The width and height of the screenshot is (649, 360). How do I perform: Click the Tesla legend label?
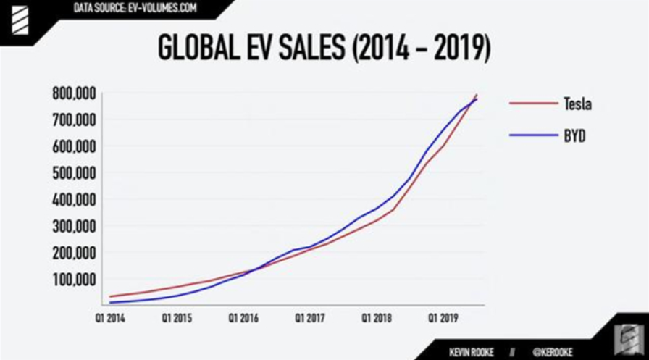[x=577, y=104]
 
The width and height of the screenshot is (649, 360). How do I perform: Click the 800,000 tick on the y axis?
[x=75, y=93]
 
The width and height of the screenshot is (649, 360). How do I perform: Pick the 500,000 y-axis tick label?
[x=75, y=172]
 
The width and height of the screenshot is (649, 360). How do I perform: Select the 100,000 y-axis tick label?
[x=75, y=279]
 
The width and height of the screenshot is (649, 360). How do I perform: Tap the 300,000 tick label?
[x=75, y=226]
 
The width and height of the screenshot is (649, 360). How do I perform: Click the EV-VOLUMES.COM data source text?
[x=161, y=8]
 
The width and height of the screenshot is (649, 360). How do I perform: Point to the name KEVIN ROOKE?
[x=472, y=351]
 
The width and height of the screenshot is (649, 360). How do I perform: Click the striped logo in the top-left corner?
[x=16, y=18]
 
